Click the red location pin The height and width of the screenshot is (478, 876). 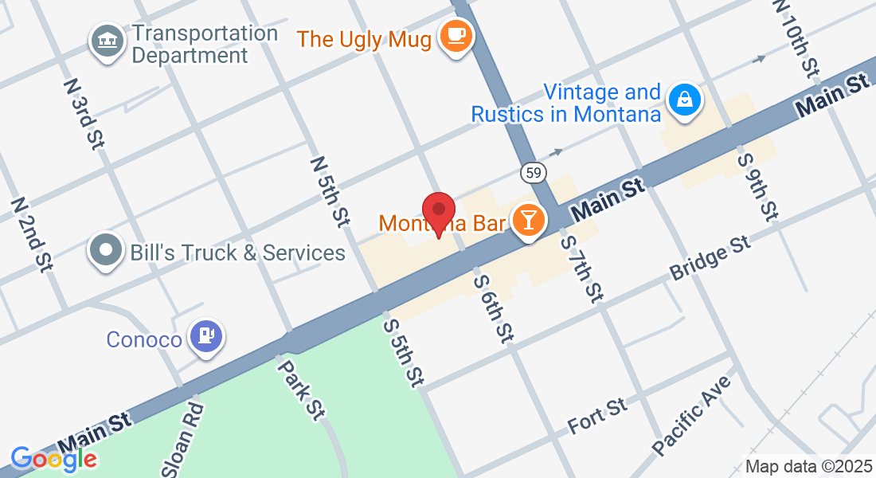click(438, 213)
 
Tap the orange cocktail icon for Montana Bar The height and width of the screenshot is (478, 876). click(527, 219)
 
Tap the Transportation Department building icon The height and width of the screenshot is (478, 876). click(106, 41)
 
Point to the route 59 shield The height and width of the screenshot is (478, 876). click(533, 171)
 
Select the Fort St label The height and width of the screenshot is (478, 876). click(597, 417)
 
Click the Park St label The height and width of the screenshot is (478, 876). click(302, 387)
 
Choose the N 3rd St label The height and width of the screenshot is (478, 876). click(84, 110)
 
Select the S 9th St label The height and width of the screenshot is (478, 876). click(757, 186)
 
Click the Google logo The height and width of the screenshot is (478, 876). click(53, 459)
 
